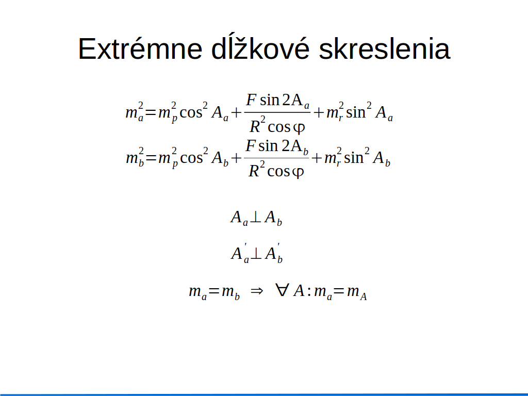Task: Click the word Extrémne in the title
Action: [x=140, y=49]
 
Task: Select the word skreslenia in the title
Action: [x=384, y=49]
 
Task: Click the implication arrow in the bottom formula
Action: [x=257, y=291]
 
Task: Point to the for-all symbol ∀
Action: [x=282, y=290]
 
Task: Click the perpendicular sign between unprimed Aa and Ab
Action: [x=255, y=217]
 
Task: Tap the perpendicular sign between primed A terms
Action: [x=256, y=253]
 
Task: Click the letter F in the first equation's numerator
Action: [x=251, y=100]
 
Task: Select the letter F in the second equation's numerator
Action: [x=250, y=145]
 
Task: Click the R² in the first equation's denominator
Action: [x=257, y=124]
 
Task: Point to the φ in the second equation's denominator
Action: [x=298, y=172]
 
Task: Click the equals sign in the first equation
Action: [x=151, y=112]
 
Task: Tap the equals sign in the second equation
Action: [x=151, y=158]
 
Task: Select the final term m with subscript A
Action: [x=357, y=292]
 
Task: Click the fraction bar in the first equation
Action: [x=277, y=112]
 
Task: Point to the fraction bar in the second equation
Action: [x=276, y=158]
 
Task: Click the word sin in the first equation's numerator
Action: [x=269, y=100]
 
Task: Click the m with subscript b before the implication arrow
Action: [x=230, y=292]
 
